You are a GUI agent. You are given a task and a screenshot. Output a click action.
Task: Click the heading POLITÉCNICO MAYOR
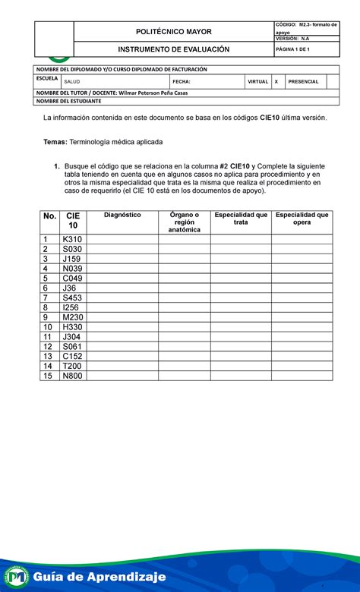point(174,32)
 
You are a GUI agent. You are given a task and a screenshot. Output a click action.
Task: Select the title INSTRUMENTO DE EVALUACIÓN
point(173,49)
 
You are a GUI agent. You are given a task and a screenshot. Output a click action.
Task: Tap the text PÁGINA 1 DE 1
point(295,49)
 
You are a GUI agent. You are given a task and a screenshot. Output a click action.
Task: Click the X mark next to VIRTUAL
point(276,81)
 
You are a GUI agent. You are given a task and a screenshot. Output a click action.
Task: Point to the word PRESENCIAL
point(303,81)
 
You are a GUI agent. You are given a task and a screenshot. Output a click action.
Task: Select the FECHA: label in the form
point(182,81)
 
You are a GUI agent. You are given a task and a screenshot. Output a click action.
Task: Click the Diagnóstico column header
point(122,215)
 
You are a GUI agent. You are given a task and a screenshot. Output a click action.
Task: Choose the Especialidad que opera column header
point(302,219)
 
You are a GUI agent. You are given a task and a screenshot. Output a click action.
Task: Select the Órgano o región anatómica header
point(185,222)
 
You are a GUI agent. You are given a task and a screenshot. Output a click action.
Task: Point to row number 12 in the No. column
point(49,347)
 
